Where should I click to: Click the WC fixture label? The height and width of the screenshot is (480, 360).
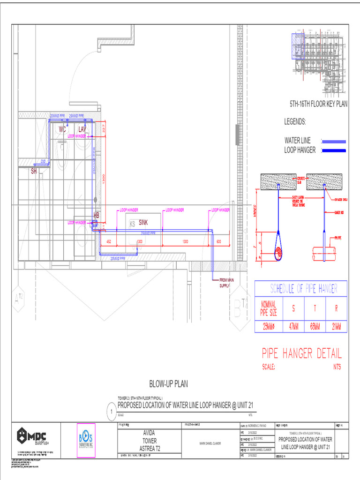pyautogui.click(x=62, y=128)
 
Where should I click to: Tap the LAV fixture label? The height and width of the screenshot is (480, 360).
pyautogui.click(x=82, y=128)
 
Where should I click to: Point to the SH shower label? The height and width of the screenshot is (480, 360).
pyautogui.click(x=34, y=171)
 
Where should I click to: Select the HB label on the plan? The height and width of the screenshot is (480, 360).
pyautogui.click(x=97, y=215)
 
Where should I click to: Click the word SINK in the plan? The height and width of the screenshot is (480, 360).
pyautogui.click(x=143, y=223)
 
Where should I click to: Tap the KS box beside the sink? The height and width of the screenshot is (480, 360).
pyautogui.click(x=133, y=225)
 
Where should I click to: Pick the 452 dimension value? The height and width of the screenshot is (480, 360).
pyautogui.click(x=108, y=241)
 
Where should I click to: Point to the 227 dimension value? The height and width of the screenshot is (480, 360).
pyautogui.click(x=104, y=128)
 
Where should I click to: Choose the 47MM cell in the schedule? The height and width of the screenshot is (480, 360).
pyautogui.click(x=293, y=327)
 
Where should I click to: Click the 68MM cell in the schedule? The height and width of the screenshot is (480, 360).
pyautogui.click(x=314, y=327)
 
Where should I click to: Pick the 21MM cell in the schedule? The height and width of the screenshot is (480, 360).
pyautogui.click(x=336, y=327)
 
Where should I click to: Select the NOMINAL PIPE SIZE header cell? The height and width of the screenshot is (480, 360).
pyautogui.click(x=269, y=307)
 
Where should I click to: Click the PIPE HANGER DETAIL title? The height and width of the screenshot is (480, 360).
pyautogui.click(x=301, y=353)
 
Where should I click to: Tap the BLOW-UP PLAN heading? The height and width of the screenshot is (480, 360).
pyautogui.click(x=168, y=384)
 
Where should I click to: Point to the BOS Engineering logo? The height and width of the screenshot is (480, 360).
pyautogui.click(x=86, y=439)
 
